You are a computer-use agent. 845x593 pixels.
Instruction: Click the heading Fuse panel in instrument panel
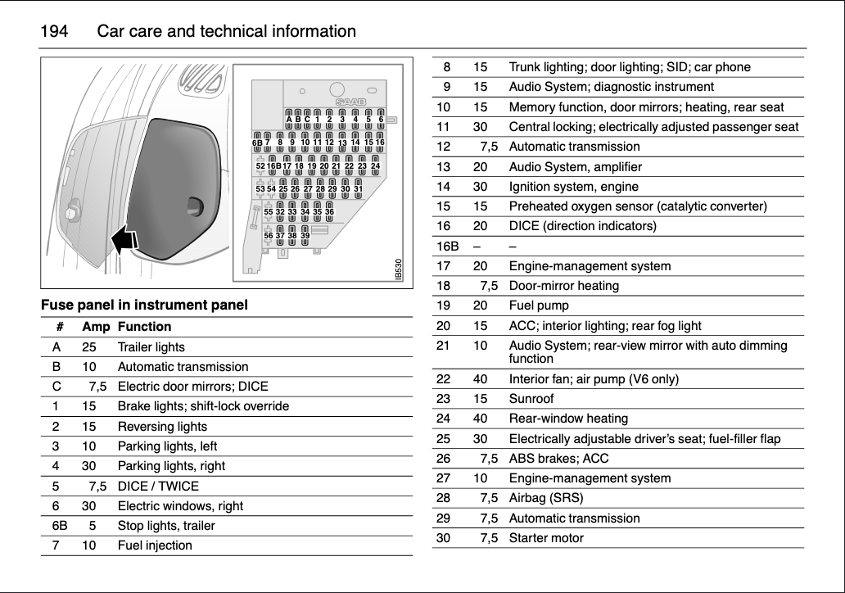(144, 306)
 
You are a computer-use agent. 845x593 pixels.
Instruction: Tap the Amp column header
(96, 326)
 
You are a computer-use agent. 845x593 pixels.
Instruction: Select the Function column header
(144, 326)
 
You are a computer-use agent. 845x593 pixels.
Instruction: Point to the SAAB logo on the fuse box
(349, 102)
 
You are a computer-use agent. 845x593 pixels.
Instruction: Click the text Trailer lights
(151, 346)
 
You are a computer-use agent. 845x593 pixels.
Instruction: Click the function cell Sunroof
(531, 399)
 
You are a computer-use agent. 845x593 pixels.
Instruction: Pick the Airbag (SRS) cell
(546, 498)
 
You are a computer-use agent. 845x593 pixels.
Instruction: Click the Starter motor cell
(546, 538)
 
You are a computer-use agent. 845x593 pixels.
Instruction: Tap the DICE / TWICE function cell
(158, 486)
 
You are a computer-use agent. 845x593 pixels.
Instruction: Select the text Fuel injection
(155, 545)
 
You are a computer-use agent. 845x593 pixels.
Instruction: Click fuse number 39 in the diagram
(305, 236)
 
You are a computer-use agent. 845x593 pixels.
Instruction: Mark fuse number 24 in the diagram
(376, 165)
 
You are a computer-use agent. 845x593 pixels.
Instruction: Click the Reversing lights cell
(162, 426)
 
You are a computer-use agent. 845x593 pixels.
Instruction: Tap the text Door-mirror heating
(563, 286)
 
